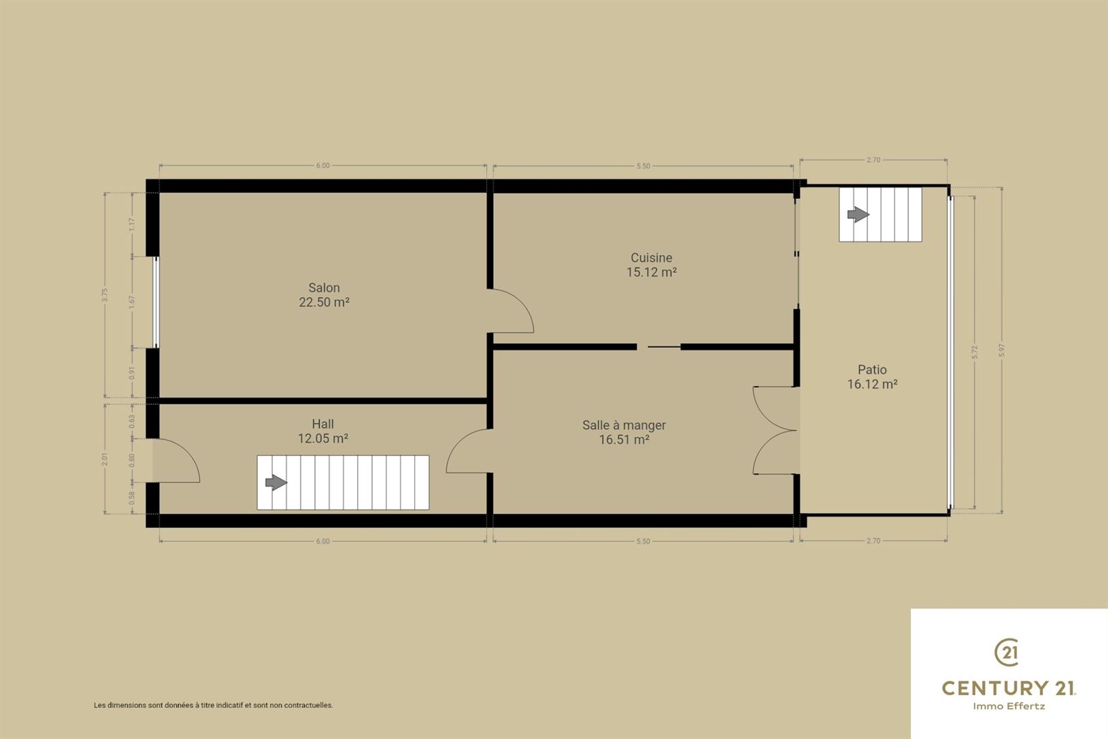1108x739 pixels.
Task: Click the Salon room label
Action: pyautogui.click(x=324, y=294)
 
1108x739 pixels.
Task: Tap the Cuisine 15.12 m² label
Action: pyautogui.click(x=651, y=265)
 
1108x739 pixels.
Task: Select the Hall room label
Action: pyautogui.click(x=323, y=431)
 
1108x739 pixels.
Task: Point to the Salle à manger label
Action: pyautogui.click(x=624, y=432)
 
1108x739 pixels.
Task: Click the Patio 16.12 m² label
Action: pyautogui.click(x=872, y=376)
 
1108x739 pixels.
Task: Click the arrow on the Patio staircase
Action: pyautogui.click(x=858, y=215)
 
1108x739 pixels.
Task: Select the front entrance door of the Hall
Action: pyautogui.click(x=176, y=461)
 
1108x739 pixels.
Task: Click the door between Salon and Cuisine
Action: pyautogui.click(x=510, y=311)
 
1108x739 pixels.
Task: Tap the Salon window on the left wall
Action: pyautogui.click(x=156, y=302)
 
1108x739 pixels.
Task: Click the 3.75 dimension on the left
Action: pyautogui.click(x=105, y=295)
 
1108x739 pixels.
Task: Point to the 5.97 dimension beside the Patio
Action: pyautogui.click(x=1002, y=350)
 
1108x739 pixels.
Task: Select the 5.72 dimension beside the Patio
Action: pyautogui.click(x=975, y=352)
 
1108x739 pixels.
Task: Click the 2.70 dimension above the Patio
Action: pyautogui.click(x=873, y=160)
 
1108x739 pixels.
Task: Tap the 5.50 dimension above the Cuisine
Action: pyautogui.click(x=643, y=166)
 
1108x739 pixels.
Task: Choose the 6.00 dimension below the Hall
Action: pyautogui.click(x=323, y=541)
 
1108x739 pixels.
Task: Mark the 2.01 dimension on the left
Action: pyautogui.click(x=105, y=459)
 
